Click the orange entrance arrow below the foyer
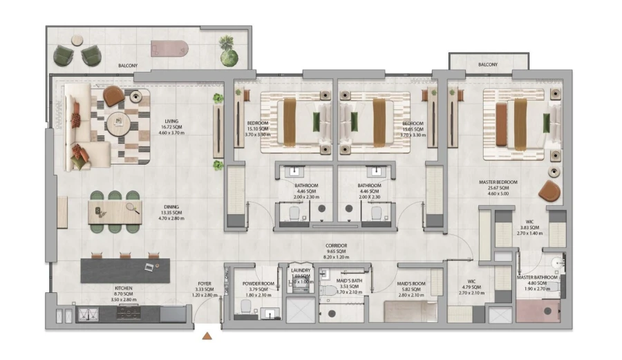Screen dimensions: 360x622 click(207, 337)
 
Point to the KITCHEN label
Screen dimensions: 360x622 click(124, 288)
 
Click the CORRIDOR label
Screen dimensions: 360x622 click(337, 245)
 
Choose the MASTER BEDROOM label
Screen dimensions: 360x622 click(498, 182)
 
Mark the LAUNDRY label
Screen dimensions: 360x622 click(300, 271)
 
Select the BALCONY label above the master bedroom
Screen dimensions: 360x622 click(488, 65)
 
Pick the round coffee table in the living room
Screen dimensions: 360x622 click(122, 122)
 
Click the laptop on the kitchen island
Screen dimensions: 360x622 click(149, 265)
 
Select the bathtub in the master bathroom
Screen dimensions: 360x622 click(538, 312)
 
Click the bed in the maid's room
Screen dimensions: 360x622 click(411, 312)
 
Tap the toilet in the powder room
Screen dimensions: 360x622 click(244, 306)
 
